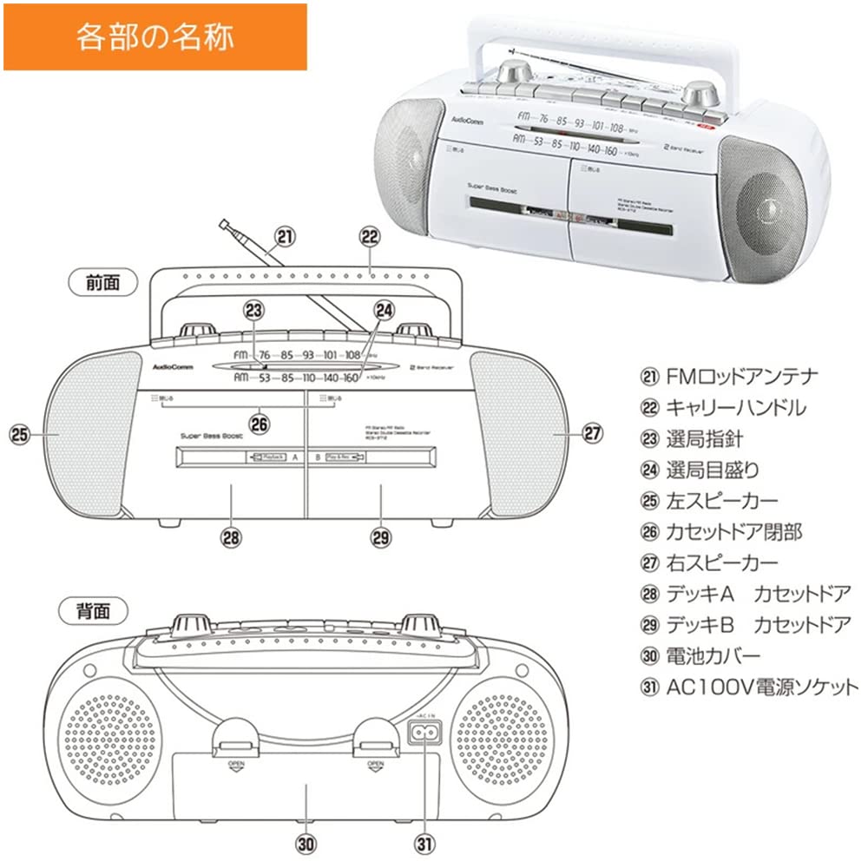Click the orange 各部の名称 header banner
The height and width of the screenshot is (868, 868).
[155, 36]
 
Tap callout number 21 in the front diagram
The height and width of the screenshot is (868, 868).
[284, 235]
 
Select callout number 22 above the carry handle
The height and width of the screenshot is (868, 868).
[370, 235]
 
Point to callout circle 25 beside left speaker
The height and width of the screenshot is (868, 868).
[20, 432]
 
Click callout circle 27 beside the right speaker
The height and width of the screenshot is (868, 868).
[592, 432]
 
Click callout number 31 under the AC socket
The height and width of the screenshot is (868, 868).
[425, 842]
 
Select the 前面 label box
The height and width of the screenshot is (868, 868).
[99, 281]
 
